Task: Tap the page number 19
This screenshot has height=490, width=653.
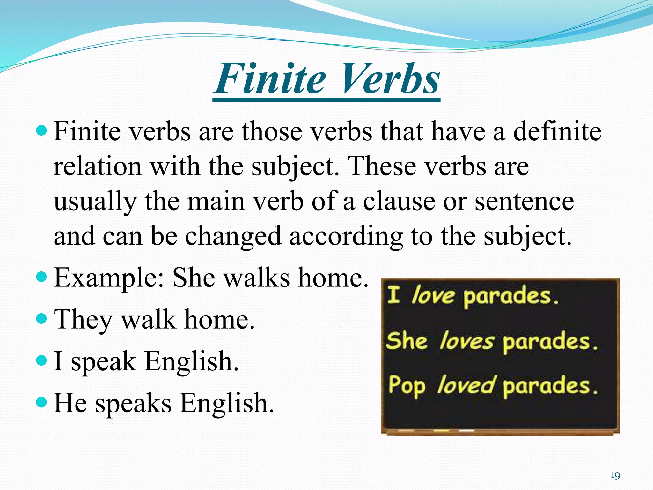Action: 615,476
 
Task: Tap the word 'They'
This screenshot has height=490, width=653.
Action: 83,320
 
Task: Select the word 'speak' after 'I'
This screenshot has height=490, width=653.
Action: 103,362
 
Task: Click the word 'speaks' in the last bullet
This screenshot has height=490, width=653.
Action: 133,404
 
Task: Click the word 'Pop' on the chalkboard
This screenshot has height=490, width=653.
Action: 407,386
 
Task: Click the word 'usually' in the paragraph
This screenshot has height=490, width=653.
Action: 95,202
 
